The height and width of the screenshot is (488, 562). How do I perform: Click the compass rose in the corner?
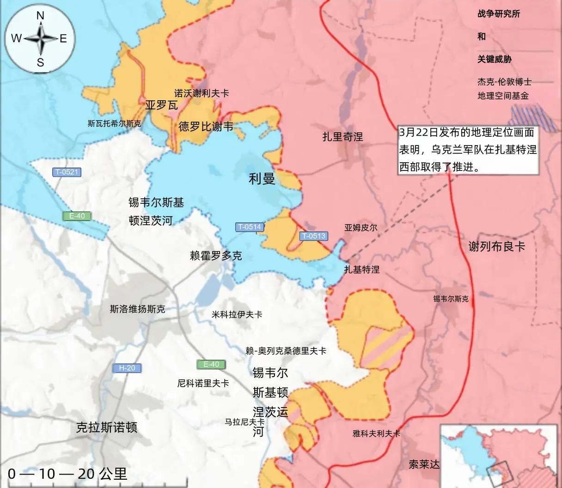[40, 38]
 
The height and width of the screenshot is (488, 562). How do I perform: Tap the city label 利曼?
[262, 179]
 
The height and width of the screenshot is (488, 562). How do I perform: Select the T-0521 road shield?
[67, 172]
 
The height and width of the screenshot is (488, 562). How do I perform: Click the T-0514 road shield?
[250, 227]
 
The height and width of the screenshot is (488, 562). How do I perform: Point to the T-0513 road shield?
[313, 236]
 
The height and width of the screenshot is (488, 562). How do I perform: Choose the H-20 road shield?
[127, 368]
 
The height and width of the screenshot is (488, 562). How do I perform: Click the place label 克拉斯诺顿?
[107, 427]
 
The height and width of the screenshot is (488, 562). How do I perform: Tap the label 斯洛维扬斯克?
[137, 309]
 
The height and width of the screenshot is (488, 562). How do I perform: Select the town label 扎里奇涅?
[342, 136]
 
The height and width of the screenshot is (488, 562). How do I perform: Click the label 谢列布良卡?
[497, 246]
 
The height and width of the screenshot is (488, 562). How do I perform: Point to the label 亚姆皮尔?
[360, 227]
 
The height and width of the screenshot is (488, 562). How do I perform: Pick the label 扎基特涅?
[362, 269]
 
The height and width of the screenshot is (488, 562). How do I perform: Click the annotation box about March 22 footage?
[468, 150]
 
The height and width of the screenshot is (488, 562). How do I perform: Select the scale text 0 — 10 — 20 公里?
[67, 474]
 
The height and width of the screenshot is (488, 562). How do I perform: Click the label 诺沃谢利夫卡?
[202, 93]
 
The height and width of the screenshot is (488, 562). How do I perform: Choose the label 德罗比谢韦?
[206, 126]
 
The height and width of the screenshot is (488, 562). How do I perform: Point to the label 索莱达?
[424, 464]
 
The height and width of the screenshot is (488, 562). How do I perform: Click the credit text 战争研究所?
[499, 14]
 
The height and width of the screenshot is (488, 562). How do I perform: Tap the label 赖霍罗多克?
[216, 256]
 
